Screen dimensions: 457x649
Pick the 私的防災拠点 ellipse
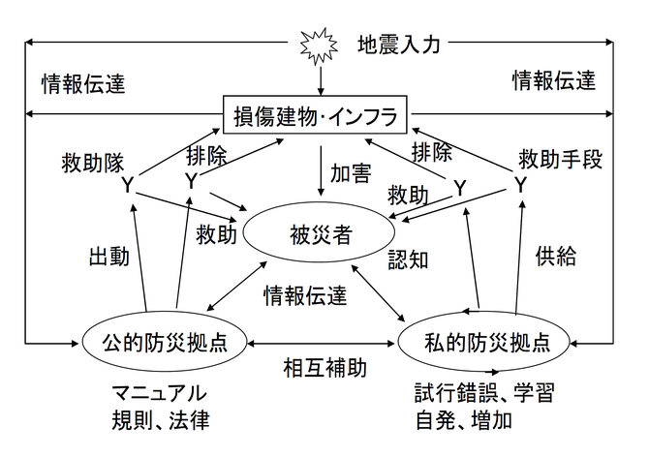tap(481, 343)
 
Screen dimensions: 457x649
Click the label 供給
tap(556, 257)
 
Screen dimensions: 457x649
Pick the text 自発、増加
tap(465, 421)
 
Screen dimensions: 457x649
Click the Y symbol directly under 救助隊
tap(126, 182)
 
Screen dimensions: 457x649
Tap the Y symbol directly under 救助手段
tap(522, 184)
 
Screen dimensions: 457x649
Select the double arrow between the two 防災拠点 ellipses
tap(321, 343)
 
